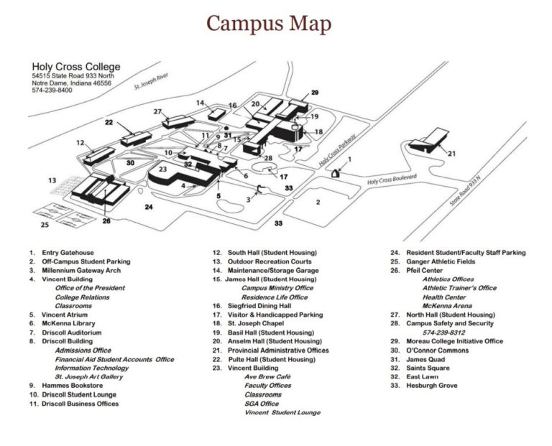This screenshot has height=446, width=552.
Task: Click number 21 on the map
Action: click(451, 154)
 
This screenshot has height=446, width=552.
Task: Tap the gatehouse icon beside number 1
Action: click(335, 172)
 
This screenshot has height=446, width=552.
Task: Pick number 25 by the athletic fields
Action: click(45, 225)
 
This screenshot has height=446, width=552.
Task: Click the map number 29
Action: click(314, 93)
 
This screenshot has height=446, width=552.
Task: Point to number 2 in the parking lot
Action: click(317, 203)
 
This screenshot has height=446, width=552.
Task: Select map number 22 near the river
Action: click(109, 123)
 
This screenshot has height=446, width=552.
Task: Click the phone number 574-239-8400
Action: click(52, 90)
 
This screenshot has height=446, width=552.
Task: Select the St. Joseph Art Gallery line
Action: click(88, 376)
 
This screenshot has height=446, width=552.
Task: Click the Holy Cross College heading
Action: click(76, 67)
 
